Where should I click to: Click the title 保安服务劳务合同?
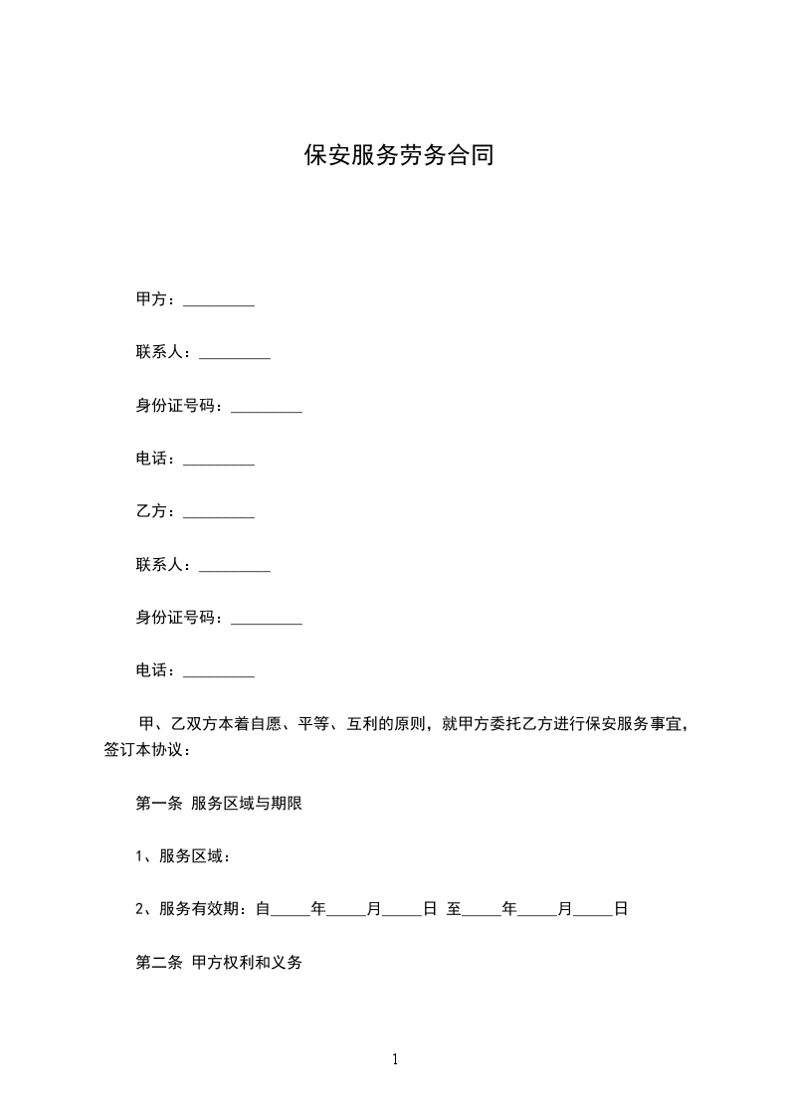tap(398, 156)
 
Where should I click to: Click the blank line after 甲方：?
tap(220, 301)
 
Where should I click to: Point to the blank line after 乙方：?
tap(220, 514)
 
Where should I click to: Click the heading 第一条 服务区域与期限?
tap(218, 804)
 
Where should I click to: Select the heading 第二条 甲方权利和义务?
tap(218, 963)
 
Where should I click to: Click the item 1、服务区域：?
tap(183, 856)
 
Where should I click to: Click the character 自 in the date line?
tap(263, 909)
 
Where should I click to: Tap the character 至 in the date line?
tap(454, 909)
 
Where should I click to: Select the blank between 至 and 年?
tap(482, 911)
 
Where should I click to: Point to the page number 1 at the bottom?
tap(395, 1059)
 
